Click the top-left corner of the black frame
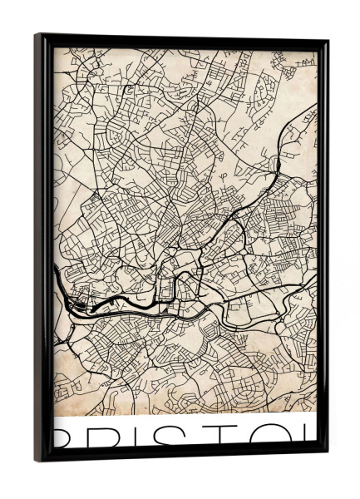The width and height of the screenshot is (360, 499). (x=37, y=36)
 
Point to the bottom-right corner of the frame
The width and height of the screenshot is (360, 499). (x=324, y=451)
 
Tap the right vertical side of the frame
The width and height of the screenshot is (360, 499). (x=323, y=249)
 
